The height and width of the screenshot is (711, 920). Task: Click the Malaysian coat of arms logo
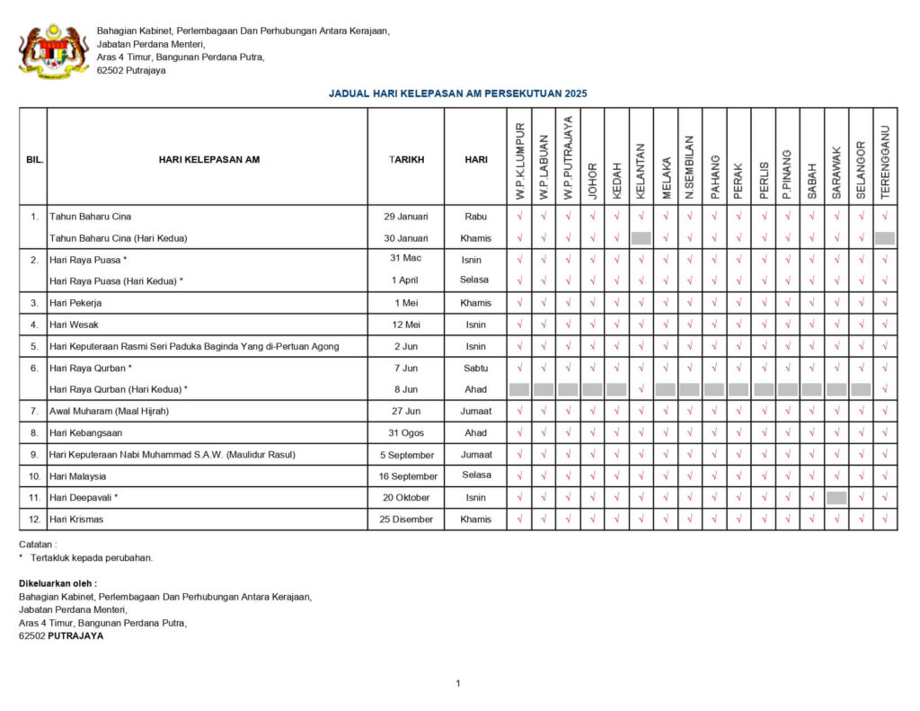(x=54, y=51)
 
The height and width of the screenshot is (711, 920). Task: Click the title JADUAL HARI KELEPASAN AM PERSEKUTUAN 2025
(x=457, y=93)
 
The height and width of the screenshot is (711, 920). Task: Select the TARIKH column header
(x=406, y=159)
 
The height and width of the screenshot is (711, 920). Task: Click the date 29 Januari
(x=406, y=217)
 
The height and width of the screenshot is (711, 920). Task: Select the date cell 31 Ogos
(x=406, y=433)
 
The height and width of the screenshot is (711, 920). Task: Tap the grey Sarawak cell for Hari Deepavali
(x=836, y=498)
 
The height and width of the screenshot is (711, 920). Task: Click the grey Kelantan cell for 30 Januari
(x=641, y=238)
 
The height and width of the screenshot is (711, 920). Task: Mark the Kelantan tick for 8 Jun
(x=641, y=389)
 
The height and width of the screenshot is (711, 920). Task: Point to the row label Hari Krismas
(x=78, y=520)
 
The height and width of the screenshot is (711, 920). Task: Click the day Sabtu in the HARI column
(x=475, y=368)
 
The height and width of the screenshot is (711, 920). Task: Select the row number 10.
(x=34, y=476)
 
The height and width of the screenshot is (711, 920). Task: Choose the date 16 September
(x=408, y=476)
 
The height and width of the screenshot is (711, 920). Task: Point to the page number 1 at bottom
(x=457, y=683)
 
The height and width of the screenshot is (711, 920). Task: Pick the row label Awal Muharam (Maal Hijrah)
(x=109, y=412)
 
